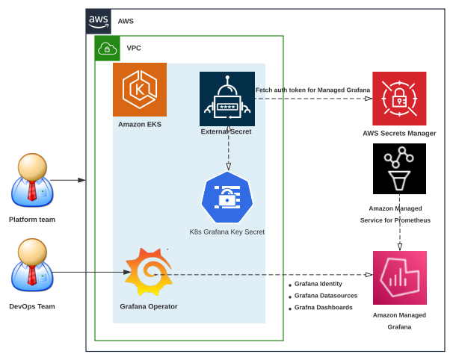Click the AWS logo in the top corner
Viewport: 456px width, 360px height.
pos(98,21)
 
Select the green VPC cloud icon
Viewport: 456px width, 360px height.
pos(107,49)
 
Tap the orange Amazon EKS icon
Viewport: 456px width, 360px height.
pos(140,90)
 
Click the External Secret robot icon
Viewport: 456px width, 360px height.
pos(227,99)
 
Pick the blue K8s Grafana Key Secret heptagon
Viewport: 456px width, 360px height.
pos(227,197)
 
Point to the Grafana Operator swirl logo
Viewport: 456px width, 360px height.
pos(149,273)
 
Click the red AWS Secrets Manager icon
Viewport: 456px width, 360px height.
pos(399,99)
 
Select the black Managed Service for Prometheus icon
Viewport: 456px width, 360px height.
pos(399,169)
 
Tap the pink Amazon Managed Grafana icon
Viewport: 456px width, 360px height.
pos(399,278)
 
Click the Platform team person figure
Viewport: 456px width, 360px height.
pos(32,181)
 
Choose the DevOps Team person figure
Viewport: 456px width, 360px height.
pos(32,266)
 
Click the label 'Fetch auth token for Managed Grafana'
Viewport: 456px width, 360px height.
pos(312,90)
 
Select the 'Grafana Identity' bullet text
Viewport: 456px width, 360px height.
pos(318,284)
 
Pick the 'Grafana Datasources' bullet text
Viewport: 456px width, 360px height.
pos(325,296)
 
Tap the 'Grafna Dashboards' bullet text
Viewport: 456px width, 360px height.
pos(323,307)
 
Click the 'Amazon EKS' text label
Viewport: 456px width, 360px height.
pos(139,124)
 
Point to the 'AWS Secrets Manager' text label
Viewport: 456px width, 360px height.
pos(399,133)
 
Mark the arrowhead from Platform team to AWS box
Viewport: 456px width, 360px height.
pos(81,180)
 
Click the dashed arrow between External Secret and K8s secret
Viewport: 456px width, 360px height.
pos(228,149)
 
